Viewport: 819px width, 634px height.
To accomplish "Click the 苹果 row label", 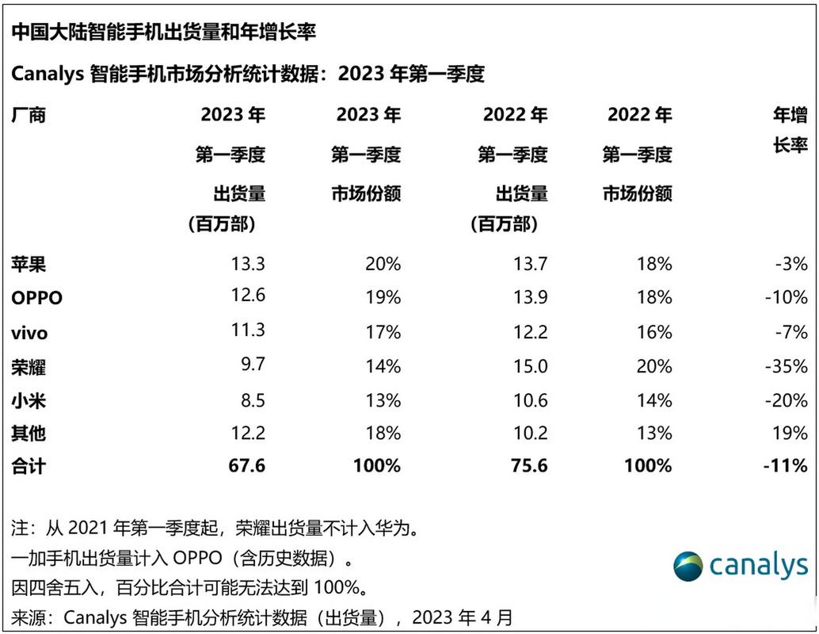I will click(x=29, y=264).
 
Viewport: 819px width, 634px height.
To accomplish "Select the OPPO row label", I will click(x=36, y=298).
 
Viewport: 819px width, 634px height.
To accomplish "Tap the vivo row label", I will click(x=29, y=333).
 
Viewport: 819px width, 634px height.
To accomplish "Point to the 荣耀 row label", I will click(x=29, y=367).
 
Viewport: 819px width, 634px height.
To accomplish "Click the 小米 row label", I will click(x=29, y=401).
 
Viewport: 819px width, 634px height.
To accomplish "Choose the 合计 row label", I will click(x=29, y=467).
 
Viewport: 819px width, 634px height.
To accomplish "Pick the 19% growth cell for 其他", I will click(x=792, y=433).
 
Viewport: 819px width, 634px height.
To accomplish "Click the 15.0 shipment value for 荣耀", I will click(x=531, y=366).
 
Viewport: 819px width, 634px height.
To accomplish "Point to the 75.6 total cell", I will click(x=529, y=466).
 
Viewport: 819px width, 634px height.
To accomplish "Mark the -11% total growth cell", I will click(x=785, y=466).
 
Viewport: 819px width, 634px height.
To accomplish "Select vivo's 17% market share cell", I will click(x=383, y=332).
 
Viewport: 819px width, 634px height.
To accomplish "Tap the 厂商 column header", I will click(x=29, y=115).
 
